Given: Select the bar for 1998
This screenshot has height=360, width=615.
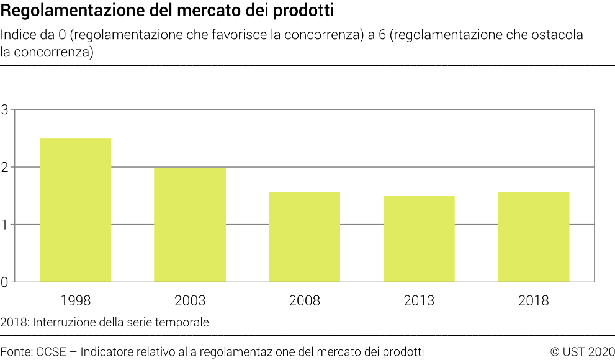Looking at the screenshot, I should pos(75,210).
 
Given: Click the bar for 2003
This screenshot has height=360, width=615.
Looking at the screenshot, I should pos(190,224).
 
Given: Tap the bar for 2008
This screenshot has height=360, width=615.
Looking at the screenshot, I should pos(304,237).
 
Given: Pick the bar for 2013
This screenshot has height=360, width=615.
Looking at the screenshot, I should pos(419,238).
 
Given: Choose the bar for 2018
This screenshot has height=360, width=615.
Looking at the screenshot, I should pos(533,237).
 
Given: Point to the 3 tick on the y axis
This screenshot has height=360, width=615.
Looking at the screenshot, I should pos(5,110).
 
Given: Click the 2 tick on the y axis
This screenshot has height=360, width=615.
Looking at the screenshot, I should pos(5,167).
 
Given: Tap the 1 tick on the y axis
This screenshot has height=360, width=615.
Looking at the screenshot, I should pos(5,225).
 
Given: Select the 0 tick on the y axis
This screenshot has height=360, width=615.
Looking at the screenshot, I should pos(5,282).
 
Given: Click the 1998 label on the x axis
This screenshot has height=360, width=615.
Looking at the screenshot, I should pos(75,301).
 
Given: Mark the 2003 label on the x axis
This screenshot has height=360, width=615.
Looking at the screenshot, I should pos(190,301).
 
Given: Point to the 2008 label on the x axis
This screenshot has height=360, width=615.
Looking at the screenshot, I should pos(304,301).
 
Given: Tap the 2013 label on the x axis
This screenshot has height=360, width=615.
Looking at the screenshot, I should pos(419,301).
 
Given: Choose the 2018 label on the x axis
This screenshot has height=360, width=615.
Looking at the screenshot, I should pos(533,301).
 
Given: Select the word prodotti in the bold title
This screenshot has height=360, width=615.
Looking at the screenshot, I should pos(307,11).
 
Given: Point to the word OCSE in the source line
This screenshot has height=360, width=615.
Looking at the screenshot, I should pos(53,352).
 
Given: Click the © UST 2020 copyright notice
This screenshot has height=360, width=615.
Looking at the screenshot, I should pos(581,352).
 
